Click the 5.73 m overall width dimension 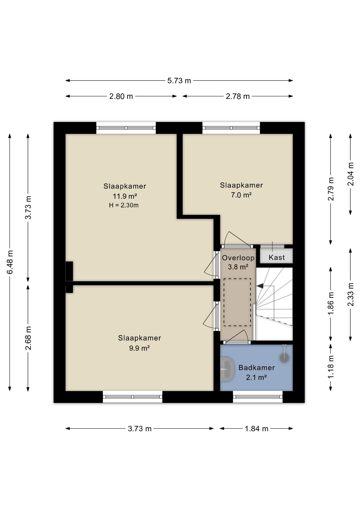coord(179,81)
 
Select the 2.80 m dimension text coord(121,96)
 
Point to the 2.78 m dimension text coord(238,96)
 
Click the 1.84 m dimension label coord(256,429)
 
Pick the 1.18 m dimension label coord(331,367)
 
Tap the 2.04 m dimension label coord(350,174)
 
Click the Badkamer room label coord(256,367)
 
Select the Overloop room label coord(238,258)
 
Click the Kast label coord(276,257)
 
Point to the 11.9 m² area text coord(125,196)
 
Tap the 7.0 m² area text coord(241,195)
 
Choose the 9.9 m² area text coord(139,348)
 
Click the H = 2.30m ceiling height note coord(124,205)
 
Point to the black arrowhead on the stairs coord(260,286)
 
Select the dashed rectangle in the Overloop coord(237,302)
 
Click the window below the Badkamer coord(258,397)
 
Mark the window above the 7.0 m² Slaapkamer coord(231,128)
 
